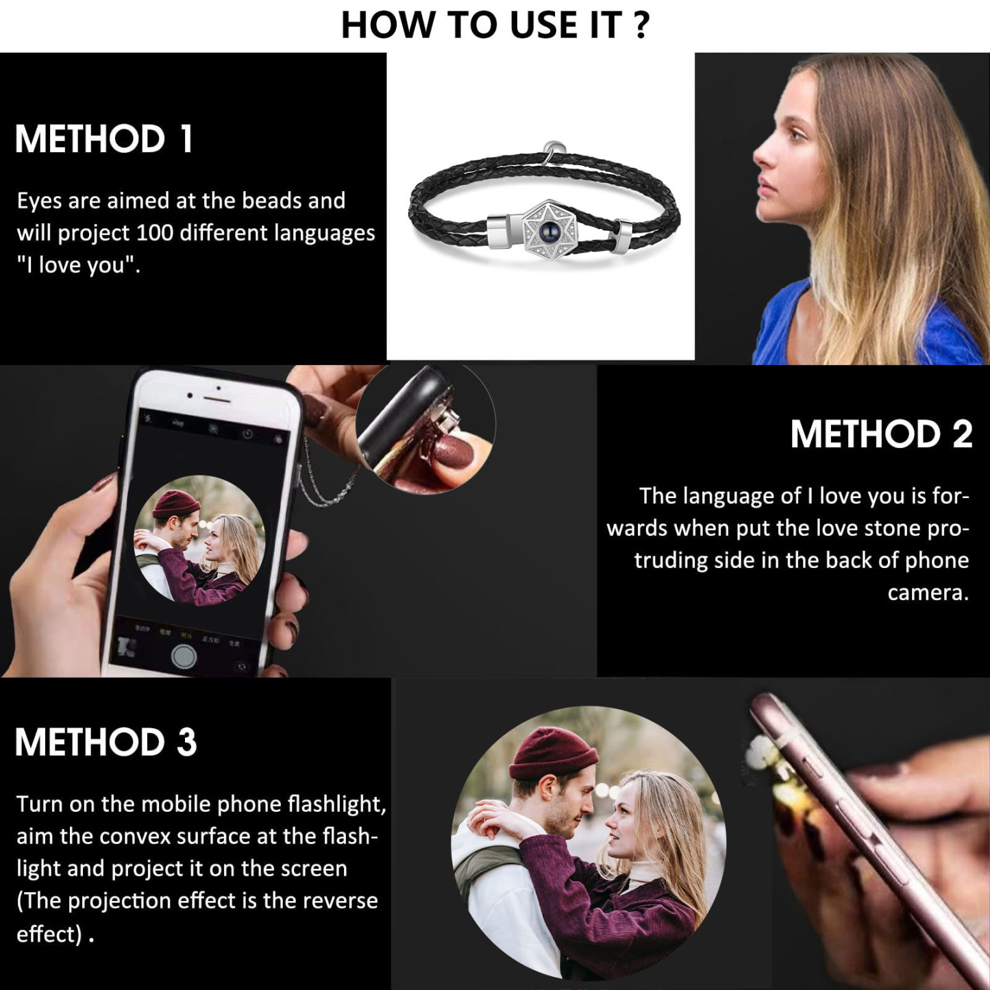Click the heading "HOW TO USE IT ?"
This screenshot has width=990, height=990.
(495, 25)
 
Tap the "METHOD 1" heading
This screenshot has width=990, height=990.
(104, 139)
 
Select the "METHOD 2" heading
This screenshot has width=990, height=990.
(880, 434)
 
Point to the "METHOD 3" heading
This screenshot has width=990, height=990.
(106, 743)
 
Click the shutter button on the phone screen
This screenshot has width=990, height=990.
(184, 656)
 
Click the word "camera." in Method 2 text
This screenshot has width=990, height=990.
(928, 593)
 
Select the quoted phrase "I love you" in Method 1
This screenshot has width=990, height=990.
(77, 265)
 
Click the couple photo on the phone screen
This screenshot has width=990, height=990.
(199, 540)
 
